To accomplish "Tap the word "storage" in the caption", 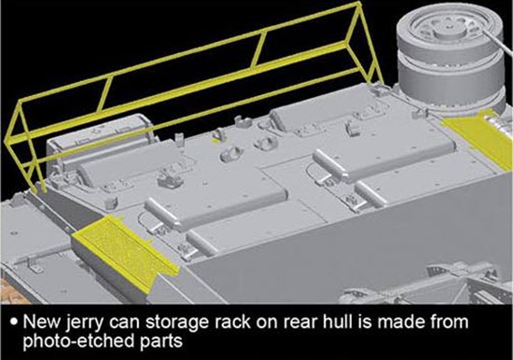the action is coord(176,323).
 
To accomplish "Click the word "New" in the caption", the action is coord(43,322).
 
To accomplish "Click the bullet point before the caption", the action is coord(13,321).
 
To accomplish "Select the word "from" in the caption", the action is coord(451,322).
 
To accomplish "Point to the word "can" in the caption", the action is coord(125,323).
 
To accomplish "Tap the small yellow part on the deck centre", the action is coord(216,141).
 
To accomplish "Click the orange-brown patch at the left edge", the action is coord(9,289).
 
